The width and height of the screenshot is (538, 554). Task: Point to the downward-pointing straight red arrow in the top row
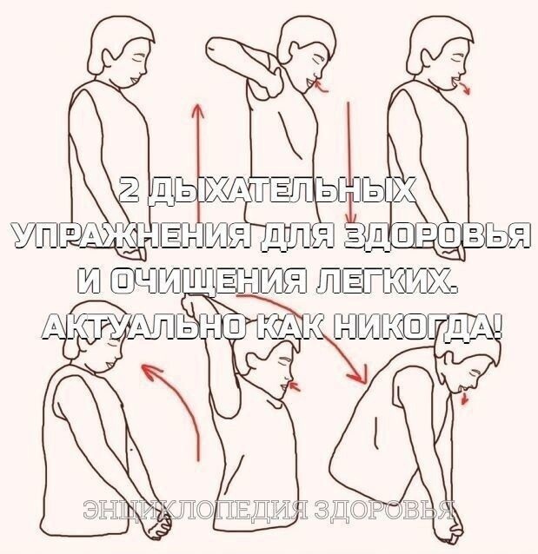pyautogui.click(x=349, y=162)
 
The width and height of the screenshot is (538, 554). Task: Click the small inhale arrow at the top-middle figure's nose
pyautogui.click(x=322, y=87)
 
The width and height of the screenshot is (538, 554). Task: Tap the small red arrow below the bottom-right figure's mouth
pyautogui.click(x=464, y=399)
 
